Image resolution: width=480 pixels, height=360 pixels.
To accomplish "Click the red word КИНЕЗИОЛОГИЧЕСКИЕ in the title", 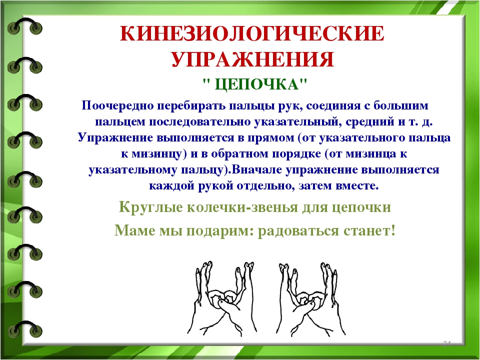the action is [252, 33].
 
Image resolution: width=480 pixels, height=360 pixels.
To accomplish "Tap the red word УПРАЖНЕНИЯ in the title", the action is [252, 59].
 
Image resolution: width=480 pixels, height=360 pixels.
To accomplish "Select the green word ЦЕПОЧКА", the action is [256, 84].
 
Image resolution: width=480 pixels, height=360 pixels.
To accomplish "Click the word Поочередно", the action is [117, 105].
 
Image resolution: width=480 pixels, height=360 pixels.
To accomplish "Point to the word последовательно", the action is [200, 122].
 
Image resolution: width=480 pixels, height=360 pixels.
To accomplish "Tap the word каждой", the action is [171, 186].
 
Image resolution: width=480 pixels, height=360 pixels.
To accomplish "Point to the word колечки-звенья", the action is [242, 207].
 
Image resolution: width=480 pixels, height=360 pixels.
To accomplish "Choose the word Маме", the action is [134, 230].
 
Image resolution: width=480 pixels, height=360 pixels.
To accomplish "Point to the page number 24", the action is [446, 343].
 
